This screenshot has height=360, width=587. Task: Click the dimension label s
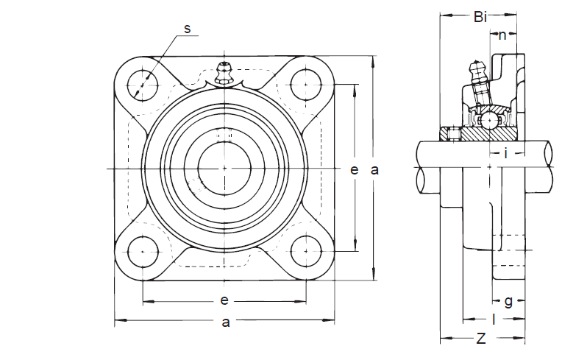(x=187, y=29)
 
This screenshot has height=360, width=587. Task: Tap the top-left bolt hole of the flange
(x=143, y=85)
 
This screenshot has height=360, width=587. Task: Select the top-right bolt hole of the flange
(x=305, y=85)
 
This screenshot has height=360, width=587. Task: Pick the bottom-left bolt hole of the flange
(x=143, y=251)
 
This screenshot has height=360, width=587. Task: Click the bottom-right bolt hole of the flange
(x=305, y=251)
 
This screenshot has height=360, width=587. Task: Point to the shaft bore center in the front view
(x=224, y=169)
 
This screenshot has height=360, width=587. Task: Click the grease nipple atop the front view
(x=224, y=72)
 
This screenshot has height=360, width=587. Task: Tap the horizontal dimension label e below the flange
(x=224, y=300)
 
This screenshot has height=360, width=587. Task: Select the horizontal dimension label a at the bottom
(x=226, y=321)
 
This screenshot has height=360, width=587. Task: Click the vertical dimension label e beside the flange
(x=354, y=169)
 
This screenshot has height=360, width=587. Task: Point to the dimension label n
(x=502, y=35)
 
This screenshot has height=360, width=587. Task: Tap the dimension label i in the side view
(x=505, y=153)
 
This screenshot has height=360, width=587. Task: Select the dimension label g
(x=508, y=300)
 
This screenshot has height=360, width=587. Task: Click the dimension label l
(x=494, y=320)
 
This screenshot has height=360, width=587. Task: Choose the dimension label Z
(x=481, y=339)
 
